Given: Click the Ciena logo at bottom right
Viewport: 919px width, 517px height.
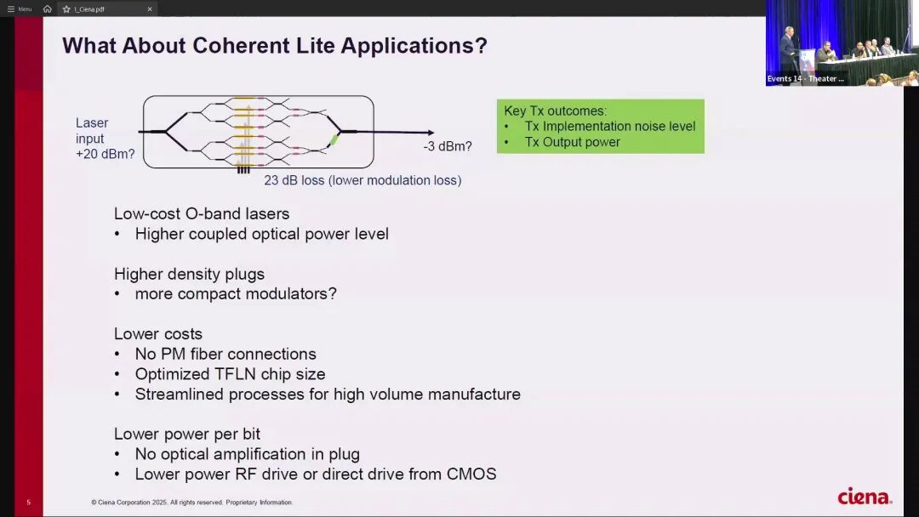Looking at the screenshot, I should [864, 497].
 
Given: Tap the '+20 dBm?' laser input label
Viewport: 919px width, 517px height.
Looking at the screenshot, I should [105, 154].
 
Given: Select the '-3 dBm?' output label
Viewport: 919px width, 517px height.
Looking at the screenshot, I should [448, 146].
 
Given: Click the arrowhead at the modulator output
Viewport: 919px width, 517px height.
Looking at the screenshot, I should [431, 133].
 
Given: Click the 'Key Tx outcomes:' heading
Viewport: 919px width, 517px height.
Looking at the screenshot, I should [555, 111].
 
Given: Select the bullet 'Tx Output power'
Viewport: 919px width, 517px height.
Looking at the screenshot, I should [572, 142].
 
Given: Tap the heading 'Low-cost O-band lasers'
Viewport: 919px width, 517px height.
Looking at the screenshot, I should [202, 213].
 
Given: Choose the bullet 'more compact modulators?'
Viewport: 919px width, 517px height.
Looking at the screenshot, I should [235, 294].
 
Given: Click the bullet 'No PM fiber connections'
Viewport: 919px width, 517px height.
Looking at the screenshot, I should [225, 354].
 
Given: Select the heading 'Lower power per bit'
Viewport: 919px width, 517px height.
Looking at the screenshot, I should [187, 434].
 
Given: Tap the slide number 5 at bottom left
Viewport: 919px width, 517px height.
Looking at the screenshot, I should [28, 503].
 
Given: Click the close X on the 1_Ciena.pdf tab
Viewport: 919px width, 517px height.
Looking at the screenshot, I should [150, 9].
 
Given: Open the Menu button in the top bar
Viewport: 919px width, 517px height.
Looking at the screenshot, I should [20, 9].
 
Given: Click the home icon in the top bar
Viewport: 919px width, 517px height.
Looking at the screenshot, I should [48, 9].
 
